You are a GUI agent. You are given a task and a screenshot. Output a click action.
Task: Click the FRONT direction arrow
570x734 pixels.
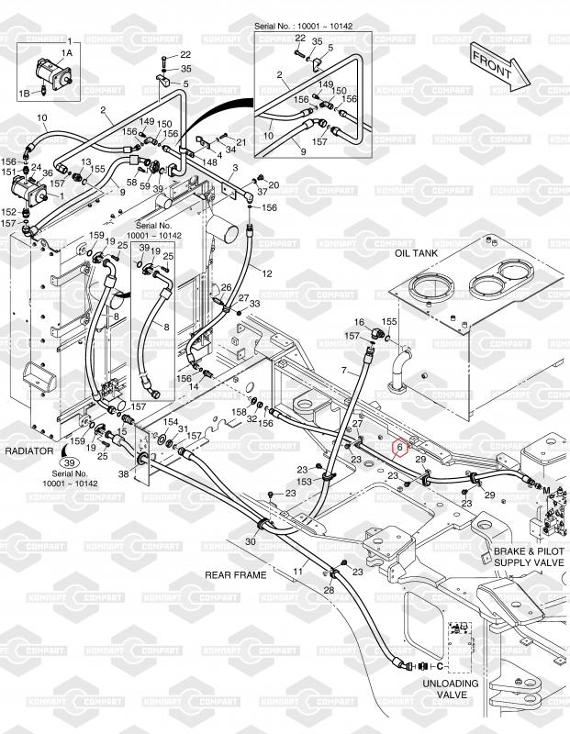click(x=497, y=64)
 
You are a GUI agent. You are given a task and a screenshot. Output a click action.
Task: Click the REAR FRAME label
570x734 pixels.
click(x=236, y=575)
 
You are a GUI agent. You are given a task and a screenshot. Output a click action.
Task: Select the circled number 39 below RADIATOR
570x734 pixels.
click(x=70, y=463)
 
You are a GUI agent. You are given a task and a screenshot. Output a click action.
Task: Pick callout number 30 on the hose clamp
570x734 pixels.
click(x=250, y=541)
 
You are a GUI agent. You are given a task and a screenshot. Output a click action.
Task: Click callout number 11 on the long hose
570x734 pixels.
click(x=297, y=571)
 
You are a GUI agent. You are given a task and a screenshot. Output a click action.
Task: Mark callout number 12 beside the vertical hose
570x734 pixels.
click(x=268, y=273)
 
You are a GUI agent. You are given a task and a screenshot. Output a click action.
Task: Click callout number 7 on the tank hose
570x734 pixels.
click(x=344, y=370)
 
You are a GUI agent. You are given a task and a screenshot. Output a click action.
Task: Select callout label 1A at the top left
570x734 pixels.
click(x=65, y=54)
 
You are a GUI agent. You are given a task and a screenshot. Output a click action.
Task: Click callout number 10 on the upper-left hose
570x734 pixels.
click(x=41, y=117)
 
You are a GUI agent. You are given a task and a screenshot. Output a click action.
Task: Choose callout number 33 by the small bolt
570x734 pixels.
click(x=254, y=304)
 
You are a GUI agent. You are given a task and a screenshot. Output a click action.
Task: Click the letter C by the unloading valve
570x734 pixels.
click(x=441, y=664)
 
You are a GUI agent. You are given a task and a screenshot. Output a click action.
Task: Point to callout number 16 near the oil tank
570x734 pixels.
click(x=359, y=322)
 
